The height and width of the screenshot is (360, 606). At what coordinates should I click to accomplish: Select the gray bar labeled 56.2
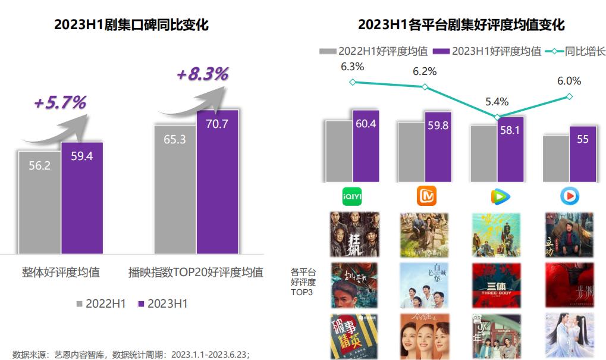39,202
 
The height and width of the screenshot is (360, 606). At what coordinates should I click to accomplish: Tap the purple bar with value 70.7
217,182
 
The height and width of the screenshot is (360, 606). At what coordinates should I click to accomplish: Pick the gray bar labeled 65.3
175,189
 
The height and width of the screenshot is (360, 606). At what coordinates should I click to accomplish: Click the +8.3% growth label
202,74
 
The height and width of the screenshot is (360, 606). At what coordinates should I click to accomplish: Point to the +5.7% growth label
59,102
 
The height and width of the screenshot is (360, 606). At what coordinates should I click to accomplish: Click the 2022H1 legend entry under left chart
101,303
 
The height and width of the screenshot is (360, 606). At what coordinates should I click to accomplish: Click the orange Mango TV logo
425,195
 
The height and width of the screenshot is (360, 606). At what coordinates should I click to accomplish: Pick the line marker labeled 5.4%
498,117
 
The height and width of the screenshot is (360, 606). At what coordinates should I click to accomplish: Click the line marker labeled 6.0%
570,96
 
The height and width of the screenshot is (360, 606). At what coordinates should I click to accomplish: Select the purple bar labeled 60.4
365,146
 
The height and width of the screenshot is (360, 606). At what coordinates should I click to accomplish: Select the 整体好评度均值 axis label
61,273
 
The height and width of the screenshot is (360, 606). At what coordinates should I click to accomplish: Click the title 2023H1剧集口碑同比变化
131,25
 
